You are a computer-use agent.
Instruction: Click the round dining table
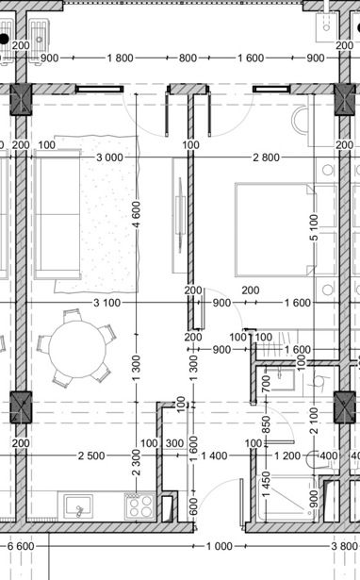pyautogui.click(x=77, y=350)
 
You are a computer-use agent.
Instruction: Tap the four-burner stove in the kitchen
pyautogui.click(x=140, y=506)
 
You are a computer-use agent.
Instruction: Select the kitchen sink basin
pyautogui.click(x=78, y=506)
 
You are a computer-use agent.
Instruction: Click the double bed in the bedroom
pyautogui.click(x=275, y=230)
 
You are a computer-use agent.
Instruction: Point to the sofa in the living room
pyautogui.click(x=57, y=214)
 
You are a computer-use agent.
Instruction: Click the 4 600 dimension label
pyautogui.click(x=137, y=215)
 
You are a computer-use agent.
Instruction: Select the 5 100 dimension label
pyautogui.click(x=314, y=227)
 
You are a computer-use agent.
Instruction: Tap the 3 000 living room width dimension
pyautogui.click(x=109, y=157)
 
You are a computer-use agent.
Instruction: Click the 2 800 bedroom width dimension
pyautogui.click(x=266, y=157)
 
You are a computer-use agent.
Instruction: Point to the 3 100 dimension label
pyautogui.click(x=106, y=303)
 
